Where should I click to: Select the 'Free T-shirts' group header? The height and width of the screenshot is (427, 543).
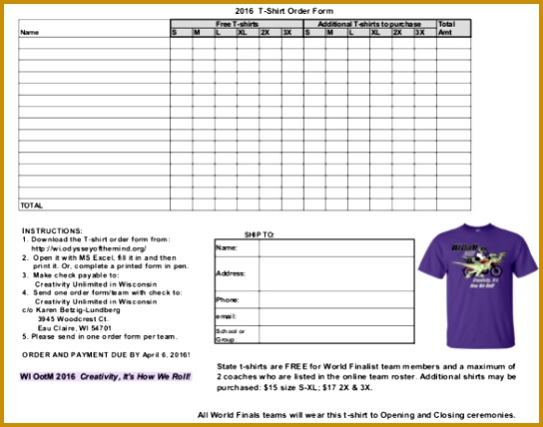point(237,22)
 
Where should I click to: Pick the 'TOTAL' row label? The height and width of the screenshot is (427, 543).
point(32,205)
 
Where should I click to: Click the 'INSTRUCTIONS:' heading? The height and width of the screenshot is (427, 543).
point(52,230)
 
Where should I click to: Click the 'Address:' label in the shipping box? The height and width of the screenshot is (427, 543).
point(231,272)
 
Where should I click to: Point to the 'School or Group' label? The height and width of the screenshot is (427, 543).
point(231,334)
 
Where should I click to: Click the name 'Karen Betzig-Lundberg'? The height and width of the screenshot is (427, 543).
point(80,310)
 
